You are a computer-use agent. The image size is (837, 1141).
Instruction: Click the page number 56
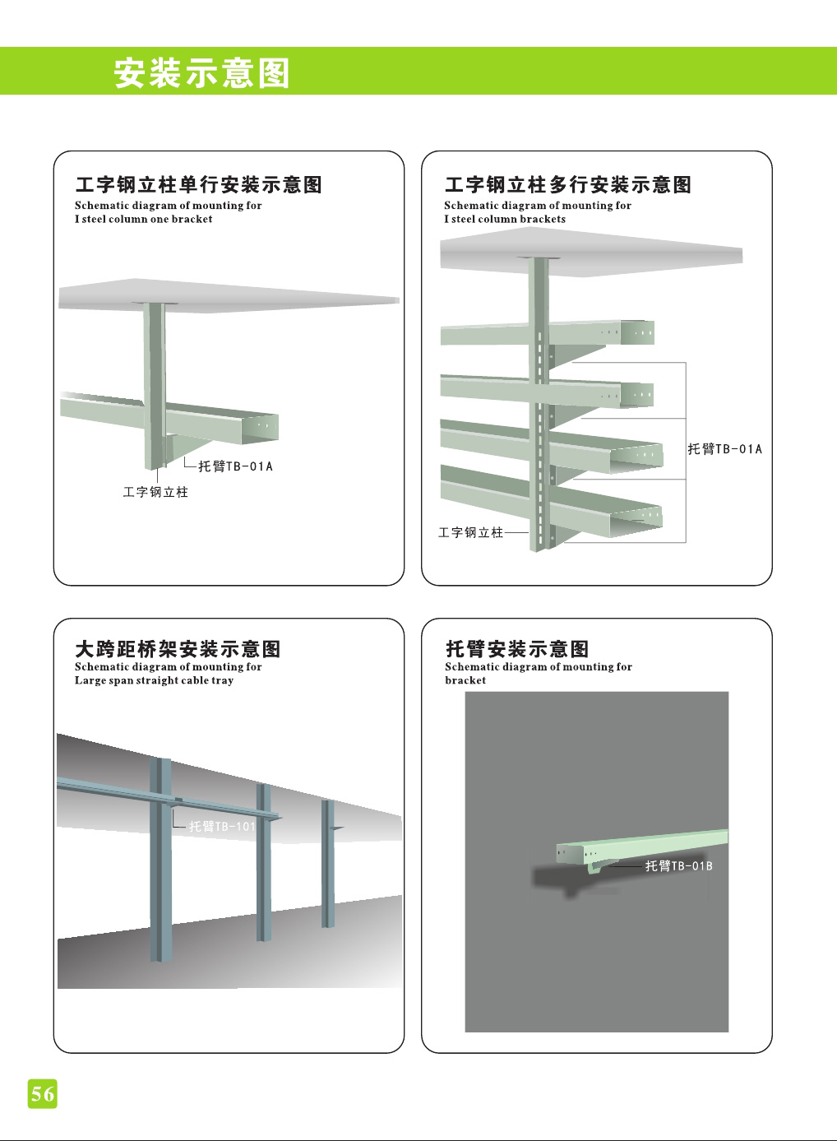(43, 1093)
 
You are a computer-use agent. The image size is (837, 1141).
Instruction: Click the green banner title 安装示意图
(201, 73)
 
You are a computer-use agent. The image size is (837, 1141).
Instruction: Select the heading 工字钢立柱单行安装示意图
(198, 185)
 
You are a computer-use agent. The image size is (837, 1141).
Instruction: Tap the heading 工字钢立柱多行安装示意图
(567, 185)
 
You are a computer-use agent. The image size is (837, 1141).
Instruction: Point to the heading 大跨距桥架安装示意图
(178, 649)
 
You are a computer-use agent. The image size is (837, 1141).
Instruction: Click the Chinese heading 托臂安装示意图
(517, 649)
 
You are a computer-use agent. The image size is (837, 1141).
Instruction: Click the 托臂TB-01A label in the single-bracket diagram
(235, 466)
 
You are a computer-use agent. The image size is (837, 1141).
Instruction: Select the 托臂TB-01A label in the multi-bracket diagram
(724, 449)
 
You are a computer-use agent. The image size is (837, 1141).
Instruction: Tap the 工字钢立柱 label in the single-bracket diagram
(155, 492)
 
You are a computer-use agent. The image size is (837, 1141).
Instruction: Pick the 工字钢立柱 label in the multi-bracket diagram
(470, 533)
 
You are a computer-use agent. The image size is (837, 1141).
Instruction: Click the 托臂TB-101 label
(222, 827)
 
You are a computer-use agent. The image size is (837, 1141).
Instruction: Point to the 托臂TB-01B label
(678, 866)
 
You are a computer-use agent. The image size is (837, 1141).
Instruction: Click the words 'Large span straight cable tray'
(154, 680)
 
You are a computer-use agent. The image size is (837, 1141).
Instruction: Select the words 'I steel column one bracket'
(143, 219)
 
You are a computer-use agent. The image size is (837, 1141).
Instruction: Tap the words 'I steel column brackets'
(505, 219)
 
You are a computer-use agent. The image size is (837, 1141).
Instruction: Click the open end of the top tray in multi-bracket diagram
(637, 332)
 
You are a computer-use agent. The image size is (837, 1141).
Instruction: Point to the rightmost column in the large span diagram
(328, 864)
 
